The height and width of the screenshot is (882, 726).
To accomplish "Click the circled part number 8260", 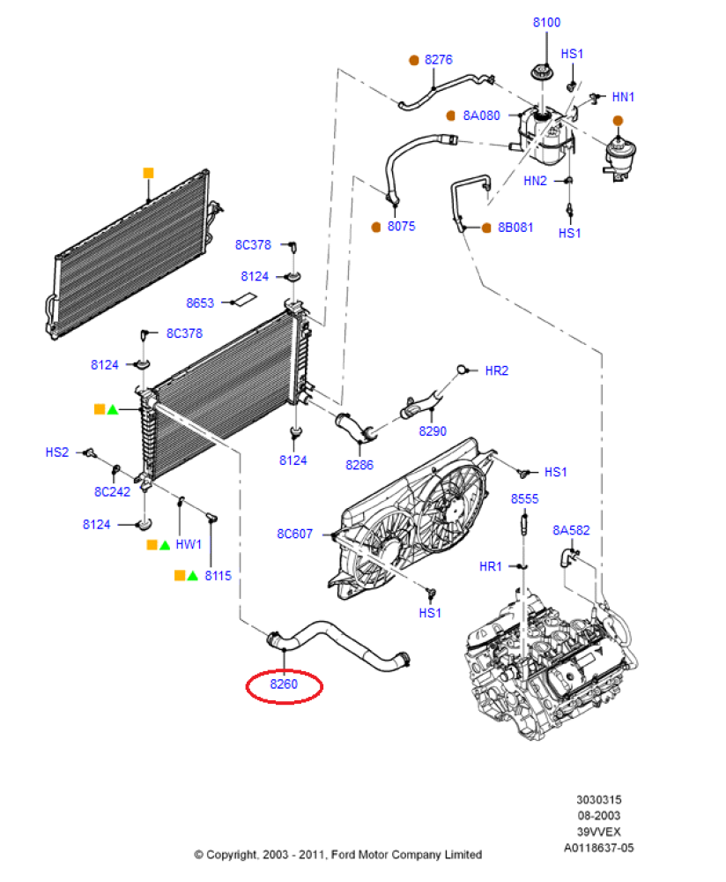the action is click(284, 684).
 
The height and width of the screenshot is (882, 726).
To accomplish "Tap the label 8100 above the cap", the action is click(547, 23).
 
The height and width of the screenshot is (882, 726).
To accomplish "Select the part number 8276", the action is click(438, 60).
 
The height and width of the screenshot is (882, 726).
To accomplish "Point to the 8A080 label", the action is click(482, 116).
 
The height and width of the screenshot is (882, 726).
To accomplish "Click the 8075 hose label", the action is click(401, 226).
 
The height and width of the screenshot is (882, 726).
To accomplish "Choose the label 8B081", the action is click(515, 228).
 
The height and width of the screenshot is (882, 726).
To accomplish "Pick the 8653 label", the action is click(200, 303).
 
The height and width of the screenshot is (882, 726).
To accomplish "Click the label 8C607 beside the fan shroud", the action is click(294, 534).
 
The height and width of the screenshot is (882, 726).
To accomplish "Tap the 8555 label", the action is click(524, 499).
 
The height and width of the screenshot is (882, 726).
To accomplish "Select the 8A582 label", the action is click(571, 530).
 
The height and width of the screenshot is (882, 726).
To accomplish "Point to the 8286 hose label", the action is click(359, 465).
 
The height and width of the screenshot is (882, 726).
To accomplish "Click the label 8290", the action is click(433, 431).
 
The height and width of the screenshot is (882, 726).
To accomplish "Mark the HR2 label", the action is click(497, 370).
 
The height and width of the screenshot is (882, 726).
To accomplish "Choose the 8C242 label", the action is click(113, 492).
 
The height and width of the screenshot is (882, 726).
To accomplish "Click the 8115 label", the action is click(218, 576).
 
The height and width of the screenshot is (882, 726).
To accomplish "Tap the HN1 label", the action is click(623, 97).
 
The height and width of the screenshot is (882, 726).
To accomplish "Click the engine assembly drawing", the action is click(550, 664).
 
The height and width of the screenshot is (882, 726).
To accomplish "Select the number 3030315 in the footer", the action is click(599, 800).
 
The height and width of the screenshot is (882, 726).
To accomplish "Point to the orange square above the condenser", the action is click(148, 173).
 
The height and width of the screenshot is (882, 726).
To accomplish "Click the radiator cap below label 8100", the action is click(541, 72).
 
